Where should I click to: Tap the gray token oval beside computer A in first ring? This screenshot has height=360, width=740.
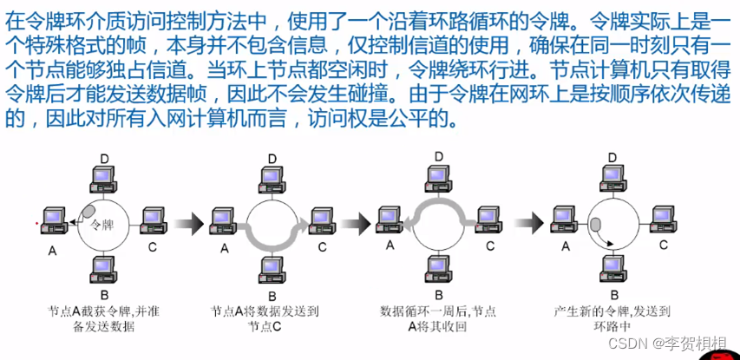[88, 211]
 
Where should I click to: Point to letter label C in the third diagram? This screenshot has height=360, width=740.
[490, 245]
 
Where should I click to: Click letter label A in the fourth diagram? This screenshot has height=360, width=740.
[566, 246]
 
